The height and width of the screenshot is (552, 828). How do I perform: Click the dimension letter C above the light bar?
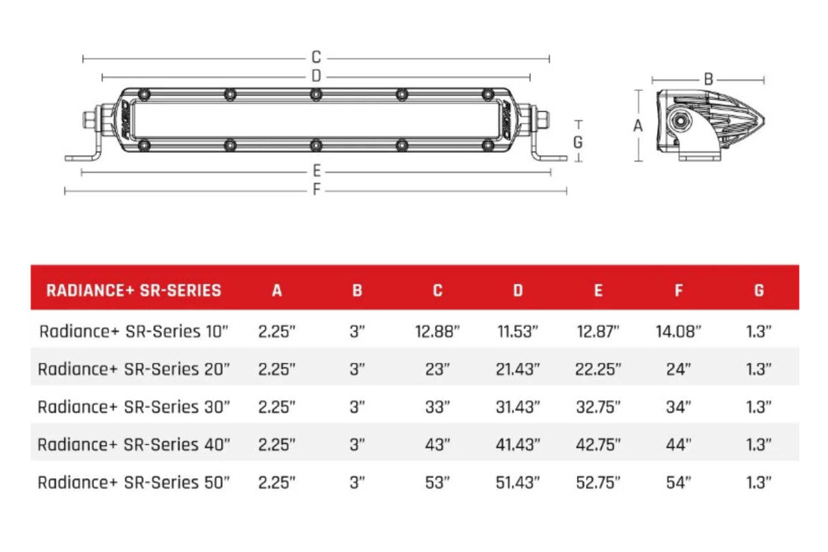pyautogui.click(x=316, y=57)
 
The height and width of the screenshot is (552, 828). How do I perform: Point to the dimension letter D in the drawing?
pyautogui.click(x=316, y=76)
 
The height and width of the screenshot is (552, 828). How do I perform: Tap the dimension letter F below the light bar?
pyautogui.click(x=316, y=189)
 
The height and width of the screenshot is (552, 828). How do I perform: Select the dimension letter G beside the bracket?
pyautogui.click(x=578, y=142)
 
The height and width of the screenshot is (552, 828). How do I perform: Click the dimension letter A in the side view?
pyautogui.click(x=638, y=125)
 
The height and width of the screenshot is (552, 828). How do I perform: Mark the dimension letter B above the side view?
pyautogui.click(x=709, y=79)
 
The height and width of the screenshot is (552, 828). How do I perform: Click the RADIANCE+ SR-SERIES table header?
pyautogui.click(x=134, y=290)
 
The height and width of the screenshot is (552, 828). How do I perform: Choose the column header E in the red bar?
pyautogui.click(x=598, y=290)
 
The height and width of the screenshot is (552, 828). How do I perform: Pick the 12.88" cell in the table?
pyautogui.click(x=438, y=331)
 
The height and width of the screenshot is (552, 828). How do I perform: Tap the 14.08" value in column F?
pyautogui.click(x=678, y=331)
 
